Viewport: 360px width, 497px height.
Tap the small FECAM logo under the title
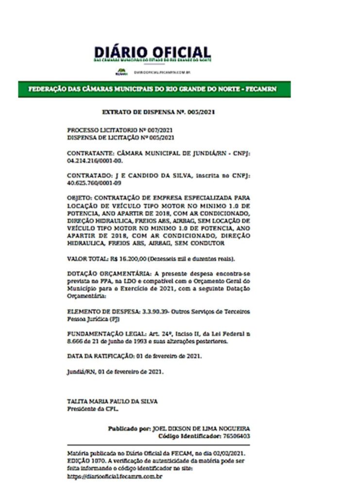click(120, 72)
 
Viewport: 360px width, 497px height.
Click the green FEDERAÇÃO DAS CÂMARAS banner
click(154, 89)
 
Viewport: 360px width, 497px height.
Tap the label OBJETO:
click(80, 198)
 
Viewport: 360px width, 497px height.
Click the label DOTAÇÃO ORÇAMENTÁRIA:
click(104, 273)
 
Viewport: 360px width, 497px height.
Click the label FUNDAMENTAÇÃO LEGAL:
click(102, 334)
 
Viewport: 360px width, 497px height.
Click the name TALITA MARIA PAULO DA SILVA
click(112, 401)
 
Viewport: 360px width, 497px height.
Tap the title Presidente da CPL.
click(92, 409)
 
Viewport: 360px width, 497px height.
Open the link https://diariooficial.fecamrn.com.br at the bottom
click(115, 476)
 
